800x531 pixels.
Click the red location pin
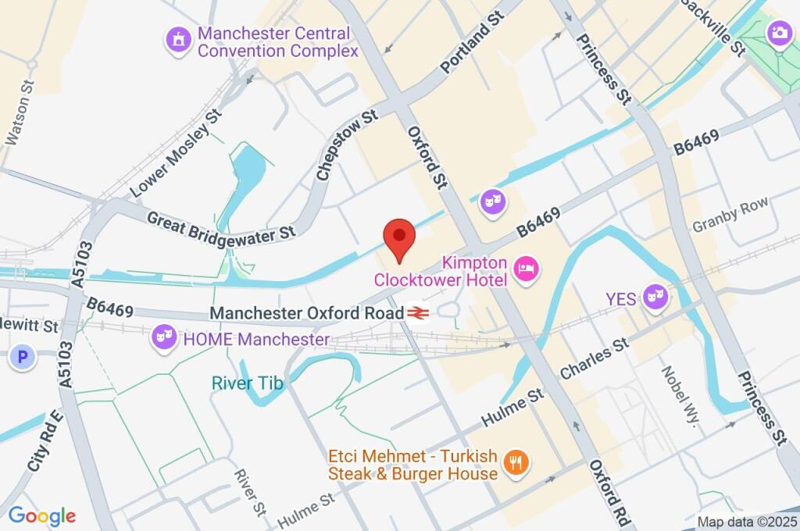[x=399, y=237]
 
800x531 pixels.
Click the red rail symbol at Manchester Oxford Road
[x=417, y=313]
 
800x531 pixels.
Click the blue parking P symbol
[x=23, y=358]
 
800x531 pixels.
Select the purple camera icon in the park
[x=778, y=33]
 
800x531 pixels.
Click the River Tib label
[x=248, y=383]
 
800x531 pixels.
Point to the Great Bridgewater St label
[x=221, y=225]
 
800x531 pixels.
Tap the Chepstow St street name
[x=347, y=146]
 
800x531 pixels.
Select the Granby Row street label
[x=730, y=216]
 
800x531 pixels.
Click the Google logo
[x=42, y=515]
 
